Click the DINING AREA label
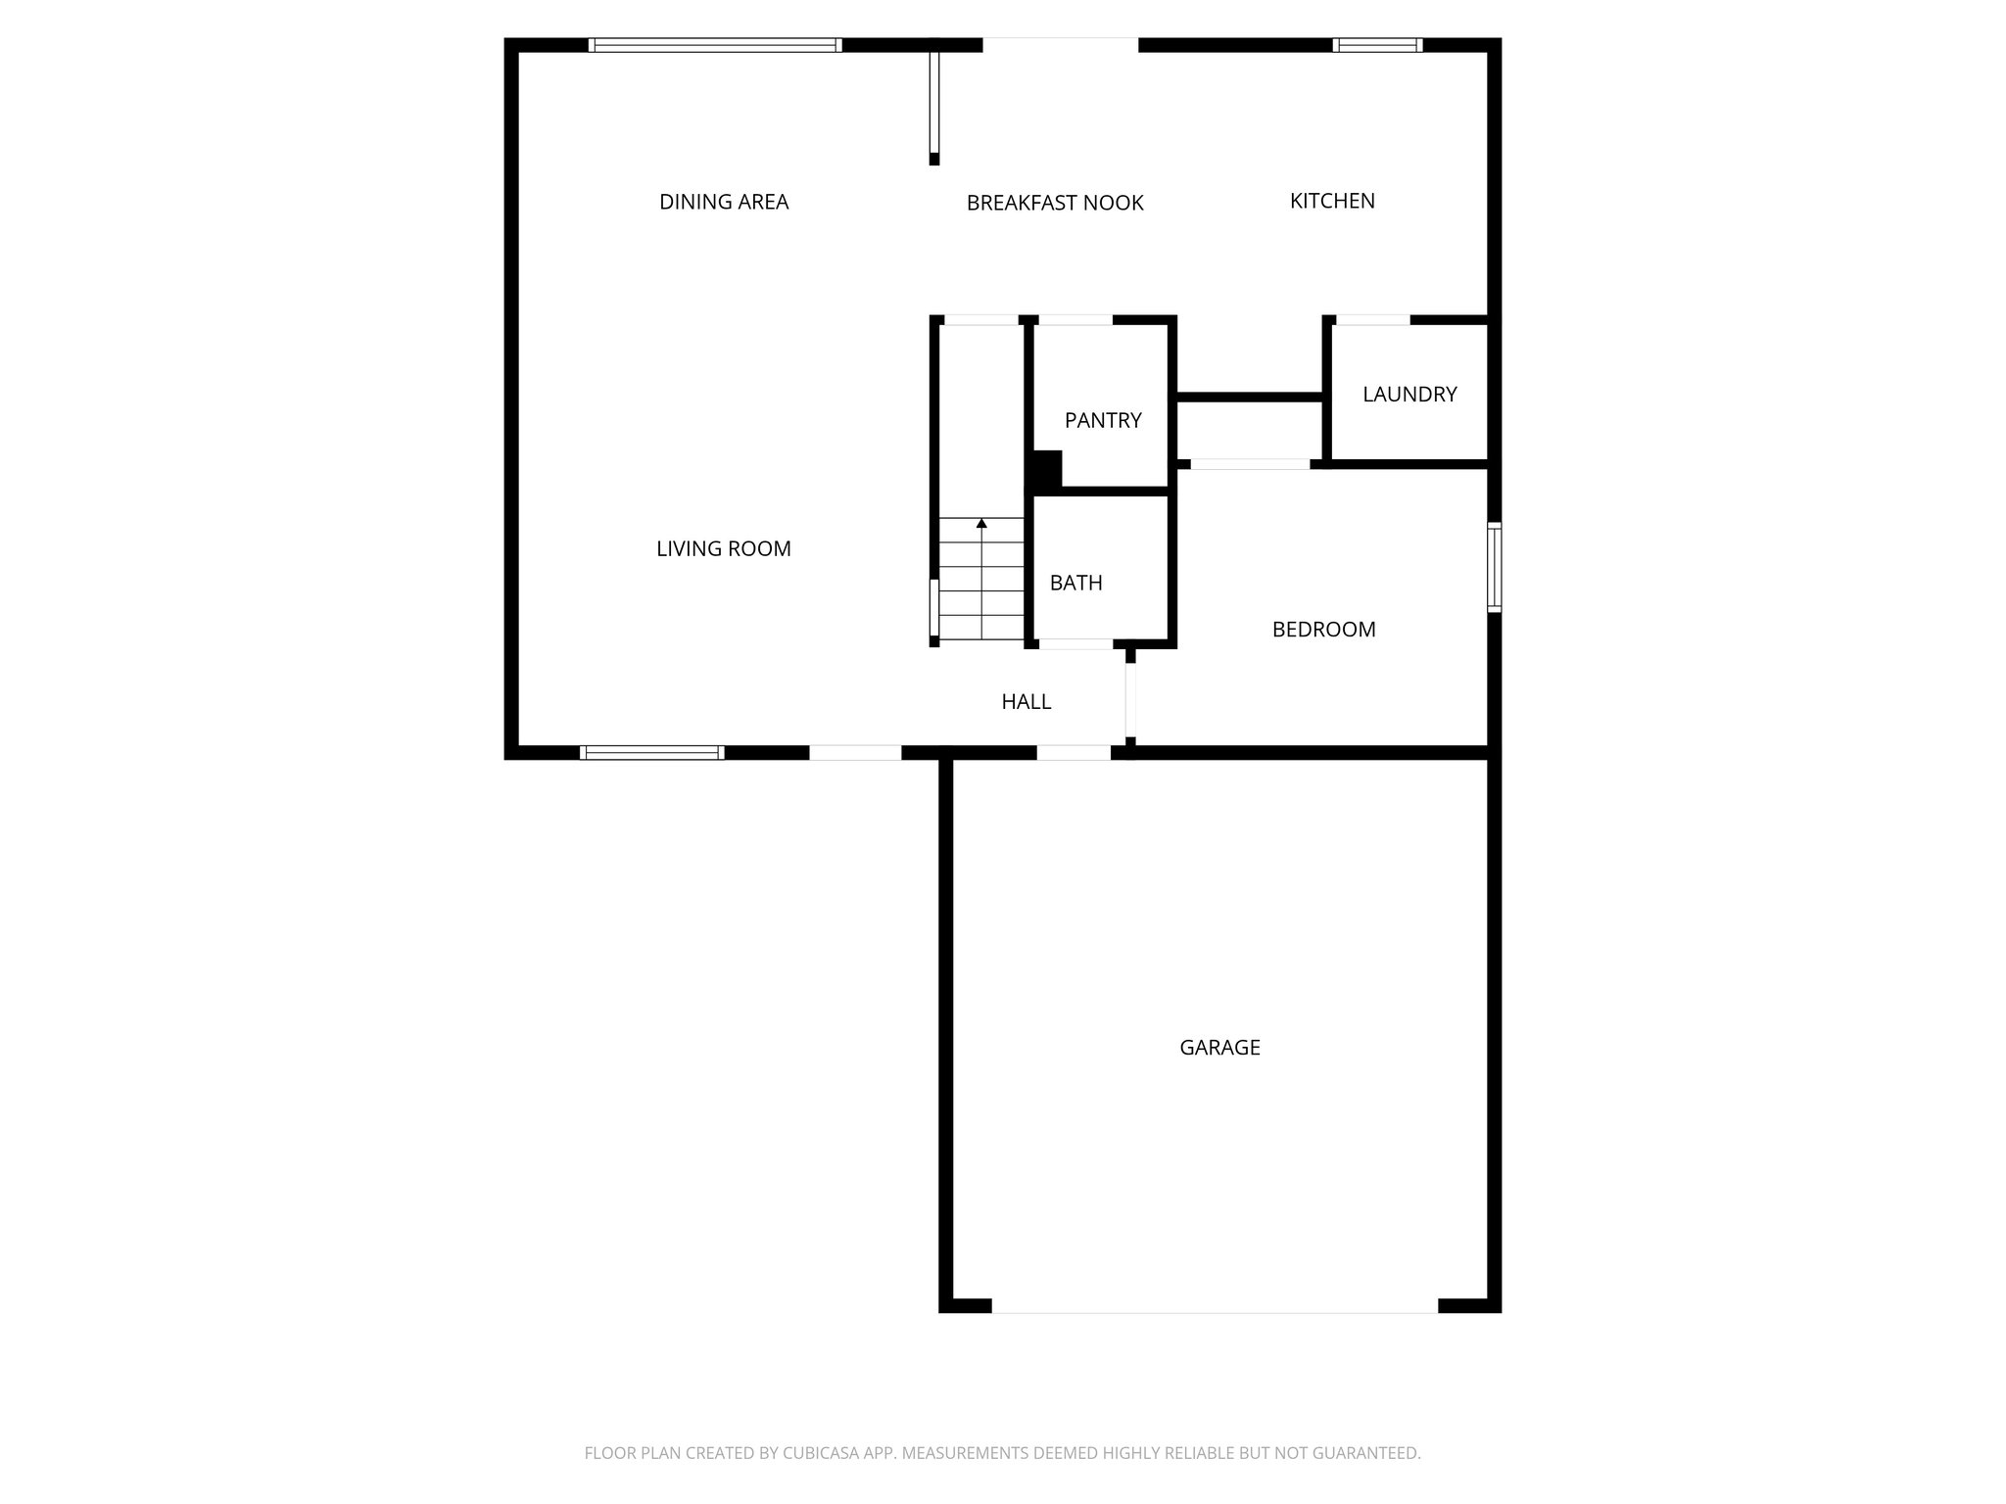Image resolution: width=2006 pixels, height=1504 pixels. (724, 202)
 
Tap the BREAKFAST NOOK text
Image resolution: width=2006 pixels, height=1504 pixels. (1055, 203)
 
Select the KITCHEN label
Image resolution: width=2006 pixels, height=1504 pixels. (1332, 201)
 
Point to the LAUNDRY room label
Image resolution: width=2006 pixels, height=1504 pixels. (1409, 394)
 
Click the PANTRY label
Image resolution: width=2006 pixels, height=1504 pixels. (1103, 420)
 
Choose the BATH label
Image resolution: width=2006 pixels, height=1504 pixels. (1075, 583)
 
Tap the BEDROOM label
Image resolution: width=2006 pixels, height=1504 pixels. (1323, 630)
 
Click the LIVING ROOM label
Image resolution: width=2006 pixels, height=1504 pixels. (724, 549)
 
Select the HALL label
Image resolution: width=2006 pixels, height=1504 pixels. (1026, 702)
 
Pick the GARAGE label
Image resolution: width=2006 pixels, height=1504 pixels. (1219, 1048)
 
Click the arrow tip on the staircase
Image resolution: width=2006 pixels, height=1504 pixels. (981, 524)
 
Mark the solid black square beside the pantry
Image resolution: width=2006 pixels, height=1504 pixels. (1045, 468)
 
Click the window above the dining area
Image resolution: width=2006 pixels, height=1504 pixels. (715, 45)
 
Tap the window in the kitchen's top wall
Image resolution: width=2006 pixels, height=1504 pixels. (1377, 45)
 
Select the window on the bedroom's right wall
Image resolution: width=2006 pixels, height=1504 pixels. (1494, 568)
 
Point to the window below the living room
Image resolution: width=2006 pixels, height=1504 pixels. (652, 752)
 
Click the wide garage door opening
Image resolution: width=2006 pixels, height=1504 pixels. (1215, 1305)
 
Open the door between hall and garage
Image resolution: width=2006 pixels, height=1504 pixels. (1074, 752)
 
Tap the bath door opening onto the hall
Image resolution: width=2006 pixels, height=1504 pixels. (1075, 644)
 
